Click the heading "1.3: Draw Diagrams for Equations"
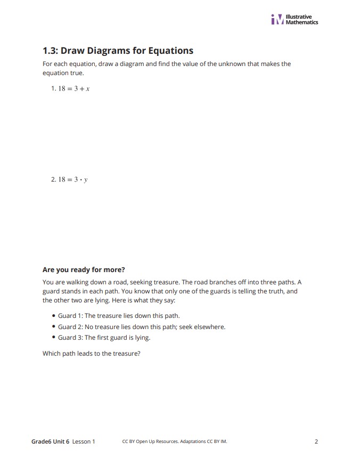(x=118, y=51)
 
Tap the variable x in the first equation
(x=87, y=89)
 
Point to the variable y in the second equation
(x=86, y=180)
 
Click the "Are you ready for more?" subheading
(x=84, y=269)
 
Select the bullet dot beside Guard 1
(x=54, y=316)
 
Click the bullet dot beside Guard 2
(x=54, y=326)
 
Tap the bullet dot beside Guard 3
(x=54, y=338)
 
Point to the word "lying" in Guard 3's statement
(x=142, y=338)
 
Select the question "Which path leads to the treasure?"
(x=91, y=353)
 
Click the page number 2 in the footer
(x=316, y=441)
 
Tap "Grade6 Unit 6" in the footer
(x=50, y=441)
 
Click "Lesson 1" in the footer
(x=84, y=441)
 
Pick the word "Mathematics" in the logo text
(x=302, y=22)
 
